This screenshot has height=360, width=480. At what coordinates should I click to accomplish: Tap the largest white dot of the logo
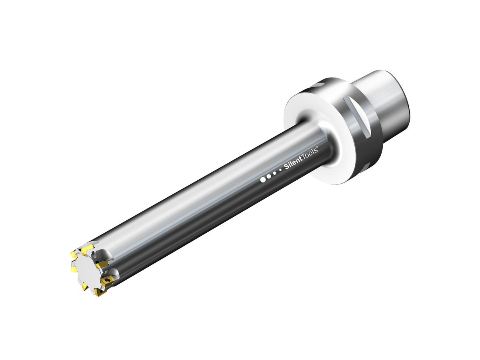point(263,180)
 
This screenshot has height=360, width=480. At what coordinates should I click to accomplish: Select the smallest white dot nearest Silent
point(280,170)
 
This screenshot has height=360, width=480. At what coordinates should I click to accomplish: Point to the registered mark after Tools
point(317,148)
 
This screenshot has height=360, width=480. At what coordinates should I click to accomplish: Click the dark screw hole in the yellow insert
point(107,280)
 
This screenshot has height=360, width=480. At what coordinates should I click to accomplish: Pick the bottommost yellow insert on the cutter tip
point(98,293)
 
